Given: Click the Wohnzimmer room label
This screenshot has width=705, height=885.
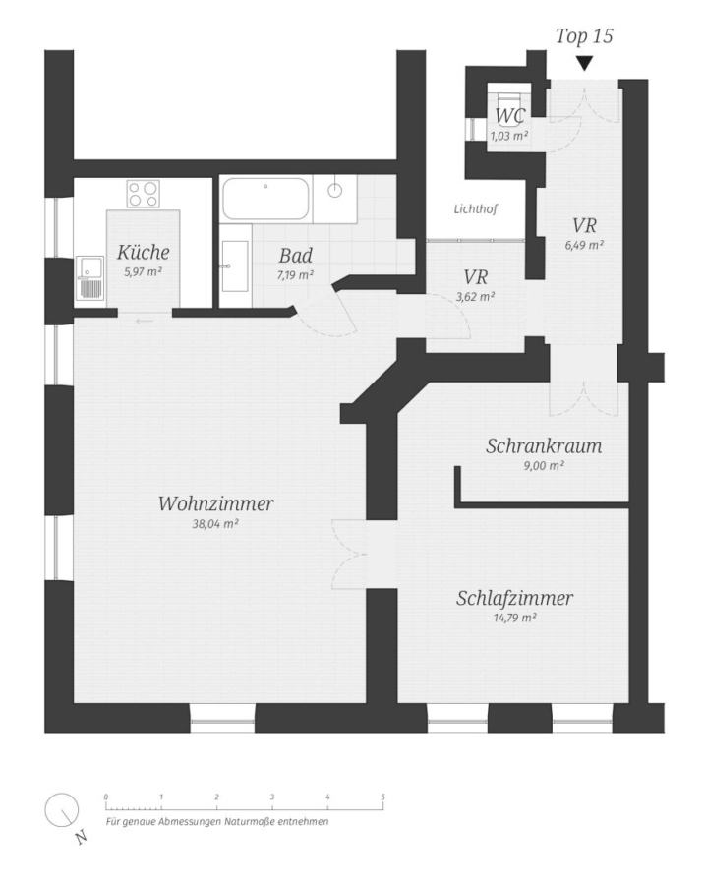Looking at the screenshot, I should [215, 504].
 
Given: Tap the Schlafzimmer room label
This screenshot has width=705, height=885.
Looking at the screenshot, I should [514, 599].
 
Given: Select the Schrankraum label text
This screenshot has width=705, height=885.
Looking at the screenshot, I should [543, 446].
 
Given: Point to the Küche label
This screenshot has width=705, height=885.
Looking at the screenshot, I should [143, 252].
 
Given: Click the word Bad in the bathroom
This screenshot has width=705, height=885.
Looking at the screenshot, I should [295, 257].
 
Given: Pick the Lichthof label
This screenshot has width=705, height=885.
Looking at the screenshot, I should [476, 209].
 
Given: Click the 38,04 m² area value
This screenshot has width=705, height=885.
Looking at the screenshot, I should [215, 524].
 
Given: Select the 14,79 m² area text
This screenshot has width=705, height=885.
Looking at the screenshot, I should [513, 618].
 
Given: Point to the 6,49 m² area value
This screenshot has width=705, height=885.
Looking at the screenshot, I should [584, 245].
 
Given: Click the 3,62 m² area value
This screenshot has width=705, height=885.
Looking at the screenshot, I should [476, 295].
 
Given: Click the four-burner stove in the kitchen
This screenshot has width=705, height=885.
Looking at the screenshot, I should [144, 194].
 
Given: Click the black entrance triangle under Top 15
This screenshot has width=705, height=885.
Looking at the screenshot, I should [584, 64].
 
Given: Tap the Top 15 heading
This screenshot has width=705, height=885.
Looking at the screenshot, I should [584, 37].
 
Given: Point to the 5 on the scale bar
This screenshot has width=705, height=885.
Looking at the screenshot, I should [382, 796].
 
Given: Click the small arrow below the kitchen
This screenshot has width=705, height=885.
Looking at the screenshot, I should [145, 321].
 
